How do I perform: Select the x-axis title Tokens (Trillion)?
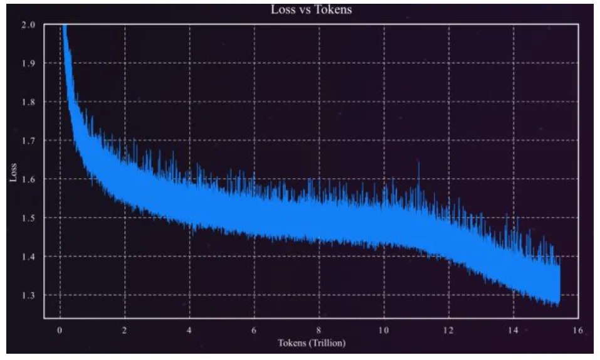pos(312,343)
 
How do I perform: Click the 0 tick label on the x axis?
pos(60,330)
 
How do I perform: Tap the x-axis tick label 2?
pos(125,330)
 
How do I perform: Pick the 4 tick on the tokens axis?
pos(189,330)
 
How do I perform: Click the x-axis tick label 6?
pos(254,330)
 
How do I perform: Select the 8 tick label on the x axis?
pos(319,330)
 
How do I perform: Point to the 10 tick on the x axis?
pos(384,330)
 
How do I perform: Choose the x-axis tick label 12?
pos(448,330)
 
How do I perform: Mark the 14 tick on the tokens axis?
pos(513,330)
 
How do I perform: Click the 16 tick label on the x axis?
pos(578,330)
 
